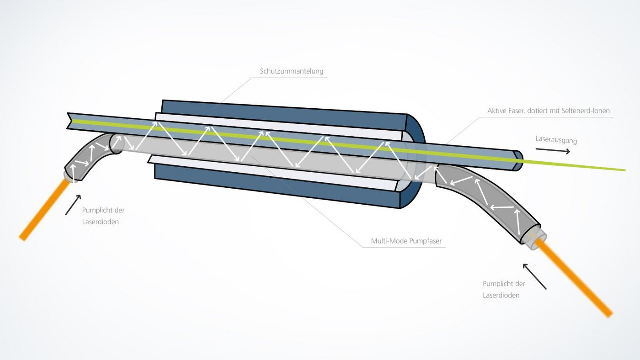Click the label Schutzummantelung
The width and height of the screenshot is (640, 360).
(x=291, y=71)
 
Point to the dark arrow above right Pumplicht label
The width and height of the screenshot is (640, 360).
(x=534, y=276)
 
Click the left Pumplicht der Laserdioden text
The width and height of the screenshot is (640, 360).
(x=103, y=216)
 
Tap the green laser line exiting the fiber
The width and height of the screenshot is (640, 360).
(x=576, y=165)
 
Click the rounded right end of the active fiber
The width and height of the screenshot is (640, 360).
(x=518, y=160)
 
